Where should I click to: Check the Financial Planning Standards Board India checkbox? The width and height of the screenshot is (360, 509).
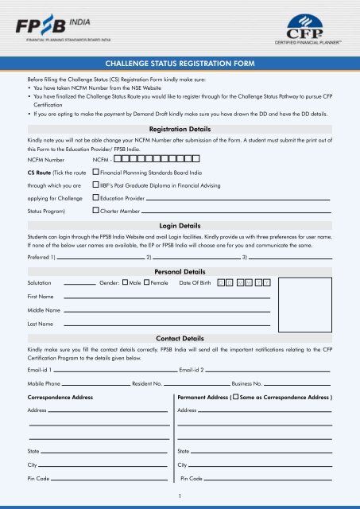(95, 172)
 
